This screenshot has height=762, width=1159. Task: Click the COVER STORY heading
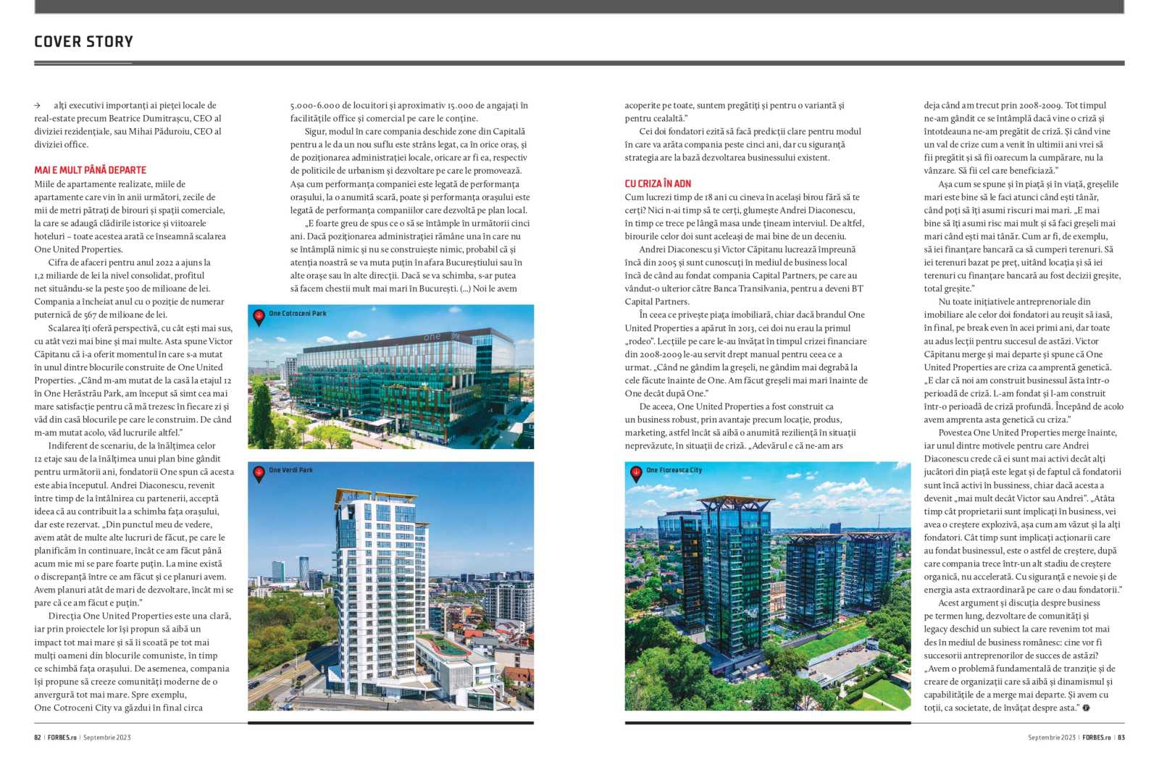[x=83, y=41]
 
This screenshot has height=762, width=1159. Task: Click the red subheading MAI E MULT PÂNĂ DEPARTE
[x=90, y=170]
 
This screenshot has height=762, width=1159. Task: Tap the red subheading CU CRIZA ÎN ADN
[x=658, y=183]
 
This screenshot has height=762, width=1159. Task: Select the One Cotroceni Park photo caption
[x=297, y=314]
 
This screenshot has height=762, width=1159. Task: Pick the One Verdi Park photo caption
[x=290, y=470]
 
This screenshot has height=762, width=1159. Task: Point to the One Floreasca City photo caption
[x=674, y=470]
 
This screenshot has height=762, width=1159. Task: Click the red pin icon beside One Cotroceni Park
[x=259, y=316]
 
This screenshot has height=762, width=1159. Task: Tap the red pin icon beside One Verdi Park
[x=259, y=473]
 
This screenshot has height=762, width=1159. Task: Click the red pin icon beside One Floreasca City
[x=636, y=473]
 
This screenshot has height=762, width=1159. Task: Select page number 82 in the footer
[x=38, y=737]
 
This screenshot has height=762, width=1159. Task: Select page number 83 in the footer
[x=1121, y=737]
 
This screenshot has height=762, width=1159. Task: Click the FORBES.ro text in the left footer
[x=62, y=737]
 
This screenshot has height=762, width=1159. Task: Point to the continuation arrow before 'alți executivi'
[x=38, y=106]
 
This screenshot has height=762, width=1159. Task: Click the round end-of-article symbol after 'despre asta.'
[x=1086, y=708]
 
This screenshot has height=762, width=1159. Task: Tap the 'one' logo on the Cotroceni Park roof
[x=432, y=337]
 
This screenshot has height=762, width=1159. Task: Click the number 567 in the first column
[x=90, y=314]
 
